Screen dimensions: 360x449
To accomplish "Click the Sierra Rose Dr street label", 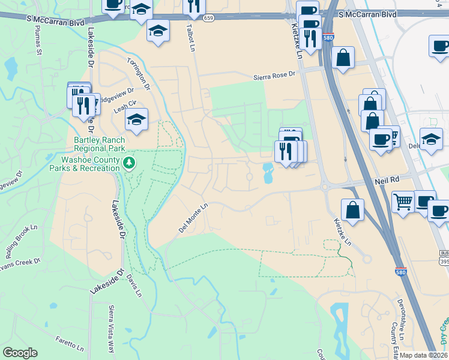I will tap(275, 75).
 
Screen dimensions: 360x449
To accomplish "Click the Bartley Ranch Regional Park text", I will tap(99, 143).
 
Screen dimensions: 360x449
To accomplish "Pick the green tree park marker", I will tap(128, 163).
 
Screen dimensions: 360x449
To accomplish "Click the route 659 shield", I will tap(208, 19).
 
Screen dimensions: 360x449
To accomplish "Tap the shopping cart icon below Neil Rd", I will tap(403, 202).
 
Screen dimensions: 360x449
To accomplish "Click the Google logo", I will tap(20, 353).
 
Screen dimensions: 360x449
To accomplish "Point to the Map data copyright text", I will tap(424, 355).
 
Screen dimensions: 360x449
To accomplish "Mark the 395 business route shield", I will tap(444, 257).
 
